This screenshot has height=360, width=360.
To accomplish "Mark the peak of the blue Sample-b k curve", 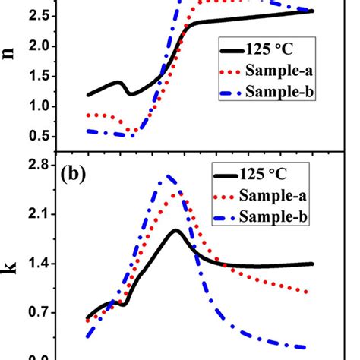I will click(168, 176).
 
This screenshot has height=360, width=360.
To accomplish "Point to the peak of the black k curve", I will click(176, 230).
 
